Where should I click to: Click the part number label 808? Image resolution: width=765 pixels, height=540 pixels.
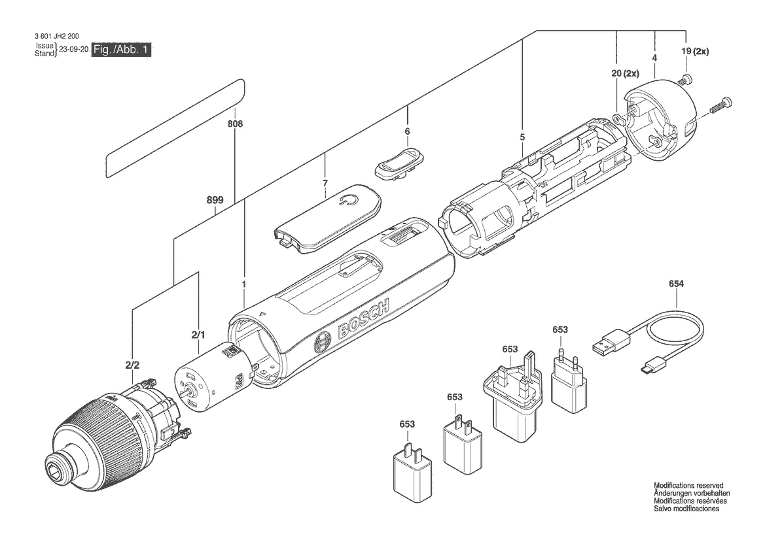pos(235,124)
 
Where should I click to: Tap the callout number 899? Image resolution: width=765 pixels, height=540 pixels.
pos(215,200)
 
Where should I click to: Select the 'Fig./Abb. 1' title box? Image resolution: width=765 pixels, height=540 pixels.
pos(122,50)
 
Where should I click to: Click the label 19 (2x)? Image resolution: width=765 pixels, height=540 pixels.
pos(695,51)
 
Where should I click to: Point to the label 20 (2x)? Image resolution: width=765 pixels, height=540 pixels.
pos(625,74)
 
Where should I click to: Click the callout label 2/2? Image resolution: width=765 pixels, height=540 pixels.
pos(132,365)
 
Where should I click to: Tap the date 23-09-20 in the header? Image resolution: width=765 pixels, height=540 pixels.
pos(74,49)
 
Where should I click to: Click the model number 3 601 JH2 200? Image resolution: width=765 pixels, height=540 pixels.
pos(57,36)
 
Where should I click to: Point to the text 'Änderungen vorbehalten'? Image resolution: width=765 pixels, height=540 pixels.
pos(692,493)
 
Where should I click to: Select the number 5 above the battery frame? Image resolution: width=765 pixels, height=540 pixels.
pos(522,137)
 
